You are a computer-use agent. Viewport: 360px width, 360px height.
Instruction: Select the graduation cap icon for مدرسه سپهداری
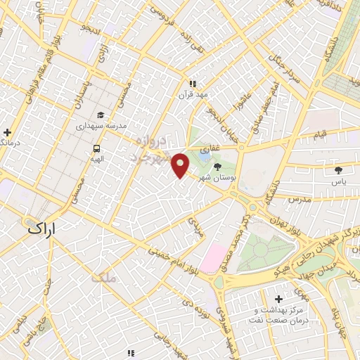pos(101,115)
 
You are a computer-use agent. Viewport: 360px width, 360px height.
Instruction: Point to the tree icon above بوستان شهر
pos(217,167)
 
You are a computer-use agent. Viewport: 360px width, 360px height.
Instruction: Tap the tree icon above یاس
pos(339,169)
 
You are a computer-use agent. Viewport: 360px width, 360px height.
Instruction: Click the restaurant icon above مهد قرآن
pos(192,83)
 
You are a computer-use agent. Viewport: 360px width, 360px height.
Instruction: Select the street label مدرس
pos(299,200)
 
